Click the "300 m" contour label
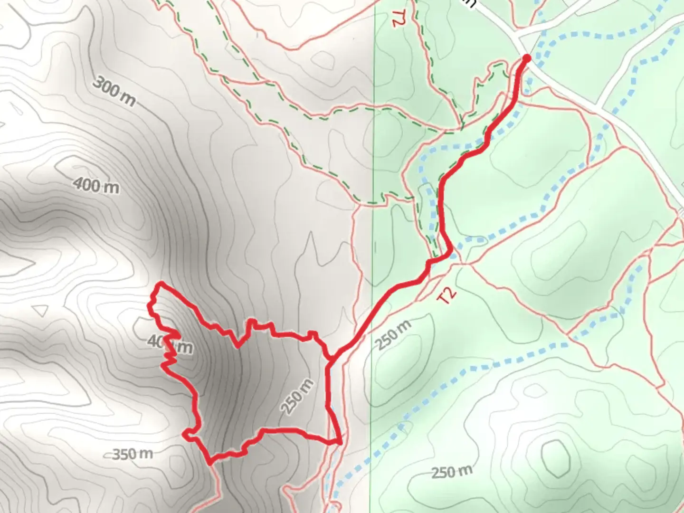click(x=114, y=92)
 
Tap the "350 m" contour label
click(x=133, y=454)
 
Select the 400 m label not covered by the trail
click(x=96, y=185)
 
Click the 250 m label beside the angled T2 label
click(x=393, y=335)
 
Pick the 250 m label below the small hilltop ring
click(x=452, y=472)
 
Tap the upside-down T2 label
click(x=397, y=18)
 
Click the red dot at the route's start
click(x=527, y=58)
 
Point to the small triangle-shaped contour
click(x=41, y=310)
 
